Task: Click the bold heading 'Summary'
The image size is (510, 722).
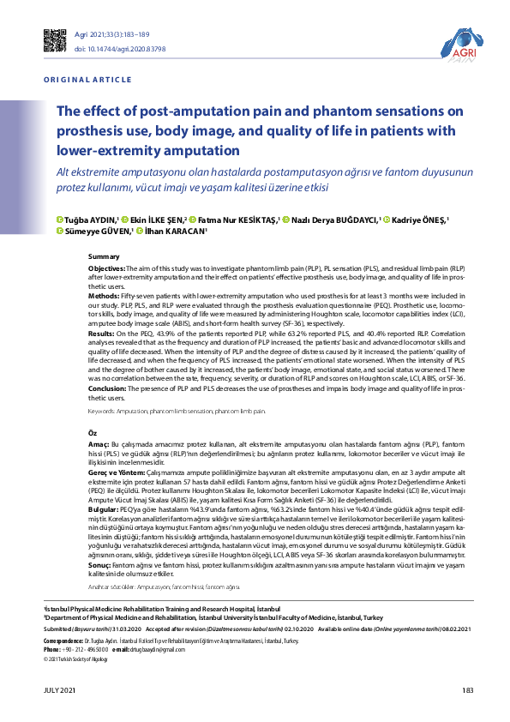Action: point(104,256)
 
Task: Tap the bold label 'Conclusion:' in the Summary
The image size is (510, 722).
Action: point(109,388)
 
